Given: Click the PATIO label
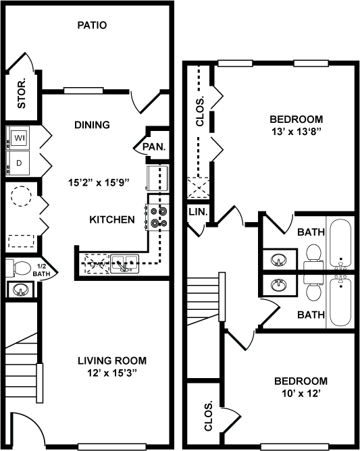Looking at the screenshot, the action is [92, 25].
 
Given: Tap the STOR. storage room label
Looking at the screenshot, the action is [22, 93].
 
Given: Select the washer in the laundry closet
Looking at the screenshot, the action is [18, 138].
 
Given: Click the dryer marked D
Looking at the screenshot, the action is [18, 163].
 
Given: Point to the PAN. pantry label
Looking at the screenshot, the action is [154, 147].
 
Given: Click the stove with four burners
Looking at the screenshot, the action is [157, 217].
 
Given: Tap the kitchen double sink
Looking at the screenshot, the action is [125, 264].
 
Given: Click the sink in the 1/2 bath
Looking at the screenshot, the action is [20, 290].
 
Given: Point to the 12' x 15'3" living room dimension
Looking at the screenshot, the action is [112, 373].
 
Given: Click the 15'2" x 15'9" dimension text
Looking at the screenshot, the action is [99, 182].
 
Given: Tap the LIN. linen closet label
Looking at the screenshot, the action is [199, 212].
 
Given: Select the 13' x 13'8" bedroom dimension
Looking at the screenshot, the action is [297, 132].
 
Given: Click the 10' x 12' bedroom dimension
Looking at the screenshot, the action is [301, 393].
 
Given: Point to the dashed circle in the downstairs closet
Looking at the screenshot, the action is [21, 196].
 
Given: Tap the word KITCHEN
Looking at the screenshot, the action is [112, 219].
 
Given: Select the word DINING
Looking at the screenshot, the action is [92, 125].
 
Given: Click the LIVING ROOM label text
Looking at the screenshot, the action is [112, 361].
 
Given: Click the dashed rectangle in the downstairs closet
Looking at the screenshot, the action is [22, 241].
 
